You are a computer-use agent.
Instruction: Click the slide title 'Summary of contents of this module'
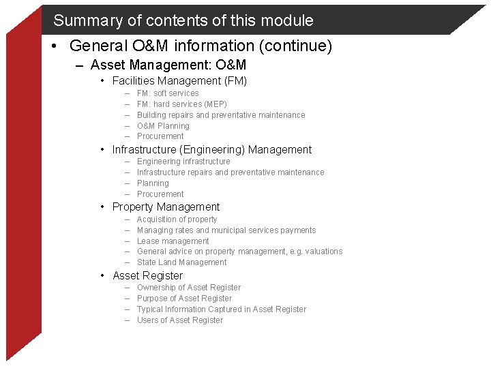pos(183,20)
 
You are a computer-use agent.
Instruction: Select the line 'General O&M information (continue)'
pos(200,46)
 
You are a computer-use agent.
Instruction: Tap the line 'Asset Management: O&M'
pos(168,65)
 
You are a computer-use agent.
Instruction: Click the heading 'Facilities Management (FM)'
pos(179,81)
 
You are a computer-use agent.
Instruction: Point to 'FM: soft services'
pos(168,93)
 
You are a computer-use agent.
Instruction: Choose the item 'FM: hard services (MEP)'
pos(181,104)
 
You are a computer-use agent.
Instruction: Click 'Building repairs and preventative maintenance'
pos(221,115)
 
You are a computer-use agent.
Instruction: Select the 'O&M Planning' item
pos(163,126)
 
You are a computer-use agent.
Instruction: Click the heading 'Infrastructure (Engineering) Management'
pos(211,150)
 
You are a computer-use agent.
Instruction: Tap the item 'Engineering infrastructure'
pos(183,162)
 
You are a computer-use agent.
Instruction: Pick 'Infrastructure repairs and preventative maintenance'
pos(230,172)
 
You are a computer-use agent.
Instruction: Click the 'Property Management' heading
pos(166,207)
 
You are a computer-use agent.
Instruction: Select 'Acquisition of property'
pos(177,219)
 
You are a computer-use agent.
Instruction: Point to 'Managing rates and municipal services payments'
pos(226,230)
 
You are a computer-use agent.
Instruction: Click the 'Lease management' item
pos(173,241)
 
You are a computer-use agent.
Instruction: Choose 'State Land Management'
pos(181,262)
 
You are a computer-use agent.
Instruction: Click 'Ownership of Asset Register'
pos(188,288)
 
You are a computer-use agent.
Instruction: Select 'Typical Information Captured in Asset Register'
pos(222,309)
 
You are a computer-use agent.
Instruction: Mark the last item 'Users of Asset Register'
pos(179,320)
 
